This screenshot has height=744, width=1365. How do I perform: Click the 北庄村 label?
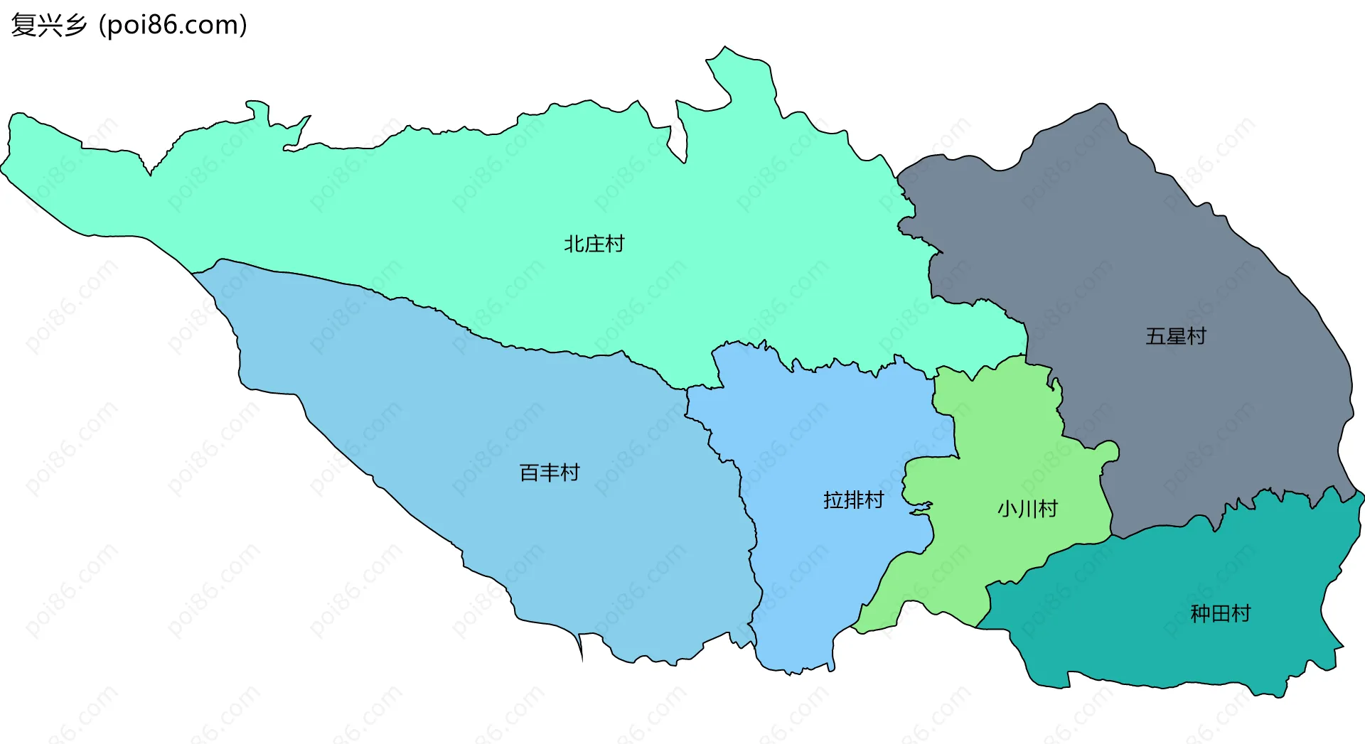click(594, 244)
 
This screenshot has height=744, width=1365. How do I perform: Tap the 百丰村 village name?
click(550, 473)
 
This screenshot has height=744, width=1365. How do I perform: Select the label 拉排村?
click(853, 500)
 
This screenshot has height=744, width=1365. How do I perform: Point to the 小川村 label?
click(1027, 509)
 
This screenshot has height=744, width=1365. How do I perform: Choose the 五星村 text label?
click(1176, 336)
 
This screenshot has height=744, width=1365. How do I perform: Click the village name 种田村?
click(1221, 613)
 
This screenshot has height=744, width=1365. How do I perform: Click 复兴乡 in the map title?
click(48, 25)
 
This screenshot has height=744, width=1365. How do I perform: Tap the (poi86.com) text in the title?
click(173, 25)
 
